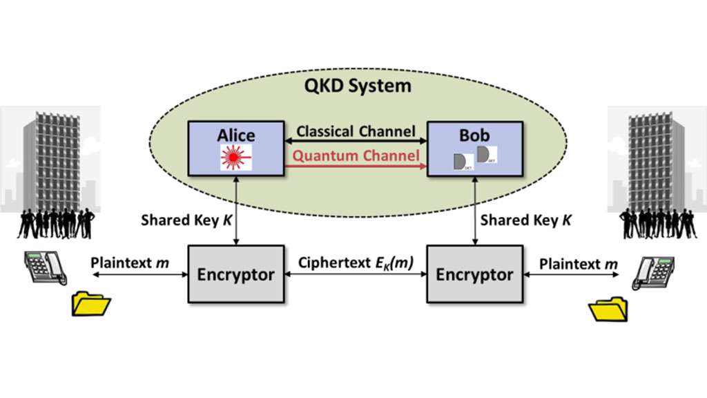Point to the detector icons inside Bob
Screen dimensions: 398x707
coord(475,158)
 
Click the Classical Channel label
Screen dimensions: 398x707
coord(356,131)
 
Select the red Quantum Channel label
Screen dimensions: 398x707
coord(356,155)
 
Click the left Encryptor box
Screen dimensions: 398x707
coord(235,274)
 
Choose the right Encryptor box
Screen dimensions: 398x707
coord(474,274)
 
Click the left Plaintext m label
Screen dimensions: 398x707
coord(130,264)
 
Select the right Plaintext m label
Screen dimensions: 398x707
coord(579,264)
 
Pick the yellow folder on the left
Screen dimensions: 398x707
coord(91,304)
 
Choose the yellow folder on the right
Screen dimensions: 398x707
coord(608,309)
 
